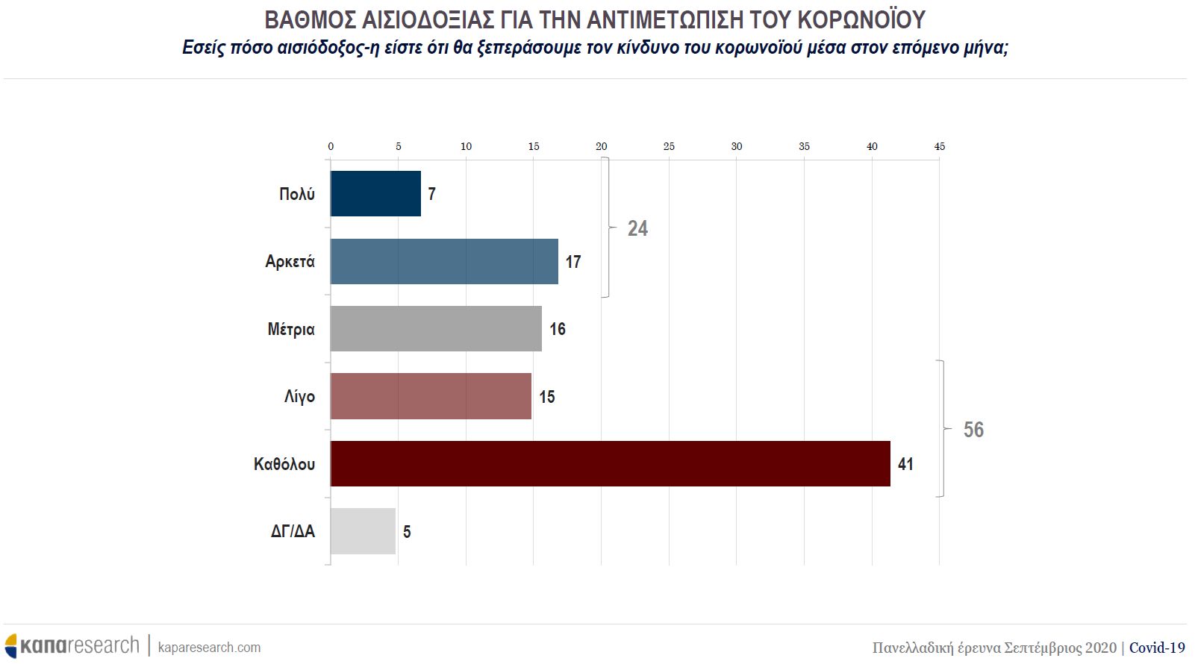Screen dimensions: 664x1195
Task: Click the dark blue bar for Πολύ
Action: [x=375, y=194]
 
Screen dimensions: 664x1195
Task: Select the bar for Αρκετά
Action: [x=444, y=261]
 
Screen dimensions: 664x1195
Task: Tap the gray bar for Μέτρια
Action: [x=436, y=329]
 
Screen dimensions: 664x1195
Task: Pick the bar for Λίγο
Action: [x=431, y=396]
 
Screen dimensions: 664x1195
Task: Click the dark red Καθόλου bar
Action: [x=610, y=464]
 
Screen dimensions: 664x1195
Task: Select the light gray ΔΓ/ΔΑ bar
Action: [x=363, y=531]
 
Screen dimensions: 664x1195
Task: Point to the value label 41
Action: [x=905, y=464]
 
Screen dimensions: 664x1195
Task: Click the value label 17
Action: [x=572, y=262]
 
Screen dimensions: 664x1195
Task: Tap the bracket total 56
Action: [x=973, y=430]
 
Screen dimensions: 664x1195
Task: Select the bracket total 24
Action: [x=637, y=228]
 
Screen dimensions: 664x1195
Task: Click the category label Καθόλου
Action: [x=284, y=464]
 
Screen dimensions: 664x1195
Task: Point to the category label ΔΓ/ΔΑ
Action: [x=293, y=531]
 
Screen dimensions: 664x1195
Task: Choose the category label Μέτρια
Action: [x=291, y=329]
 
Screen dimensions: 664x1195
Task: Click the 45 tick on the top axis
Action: [x=939, y=146]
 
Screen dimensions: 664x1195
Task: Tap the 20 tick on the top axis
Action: [x=601, y=146]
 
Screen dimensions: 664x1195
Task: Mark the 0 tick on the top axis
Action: [x=331, y=146]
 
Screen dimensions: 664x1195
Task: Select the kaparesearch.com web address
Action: [x=210, y=647]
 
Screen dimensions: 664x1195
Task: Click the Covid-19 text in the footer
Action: [x=1157, y=647]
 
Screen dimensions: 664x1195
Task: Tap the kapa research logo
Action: [x=72, y=645]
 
